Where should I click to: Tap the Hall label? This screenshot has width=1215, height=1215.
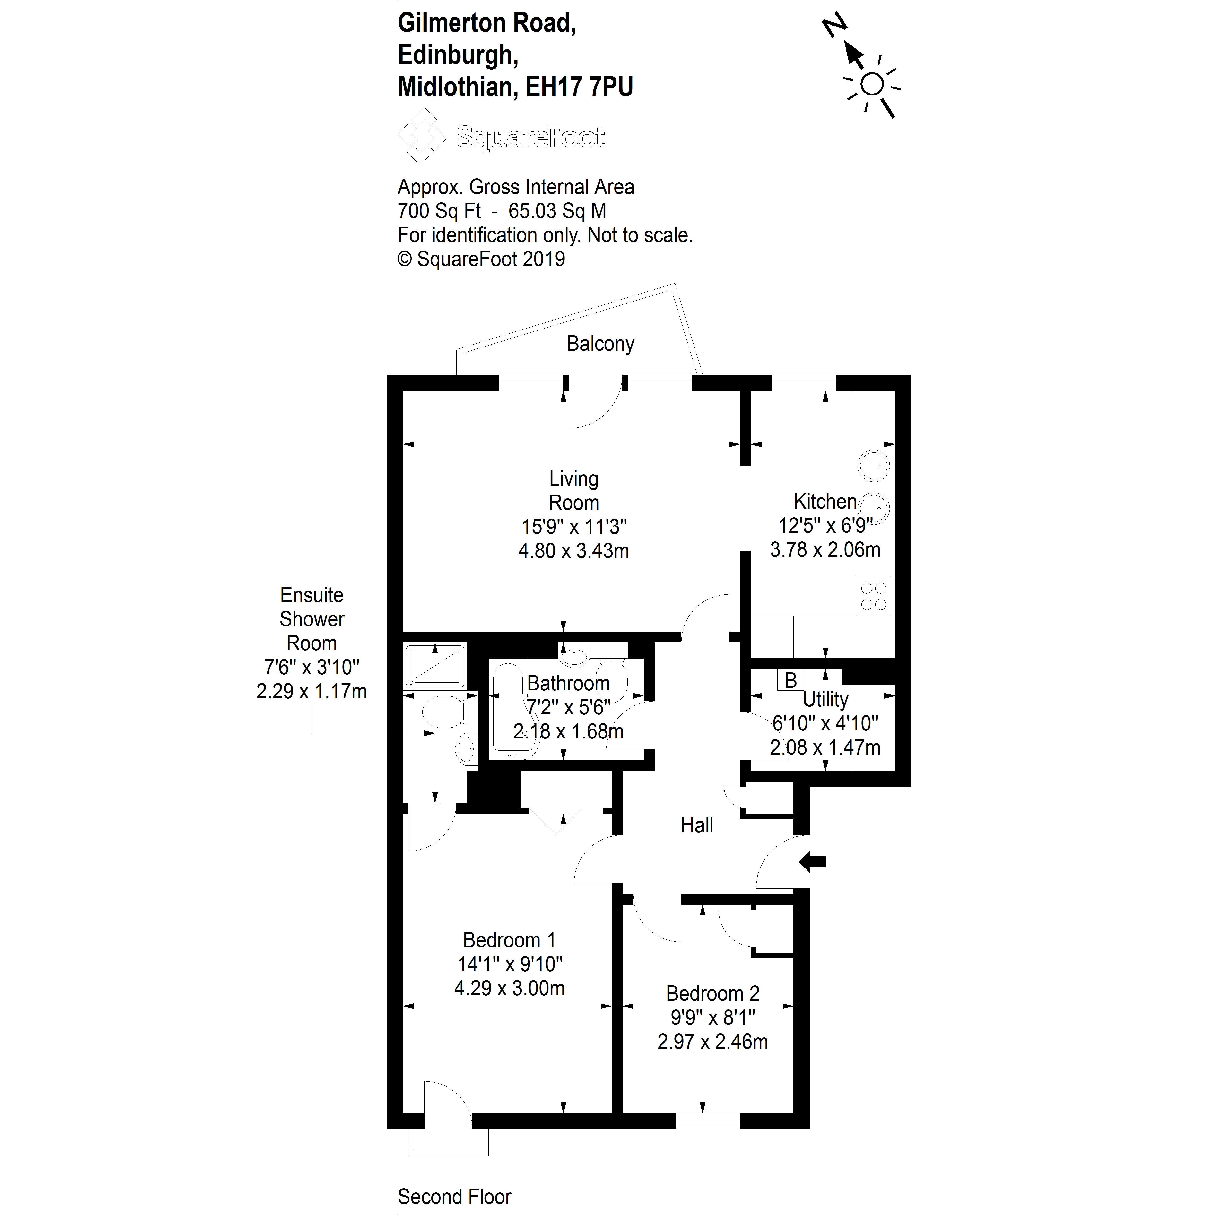pyautogui.click(x=697, y=825)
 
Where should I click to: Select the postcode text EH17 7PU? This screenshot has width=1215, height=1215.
pyautogui.click(x=579, y=87)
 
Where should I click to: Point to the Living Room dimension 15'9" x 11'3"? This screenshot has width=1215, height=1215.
pyautogui.click(x=573, y=526)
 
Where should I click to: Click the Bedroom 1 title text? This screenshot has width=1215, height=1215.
pyautogui.click(x=509, y=940)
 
